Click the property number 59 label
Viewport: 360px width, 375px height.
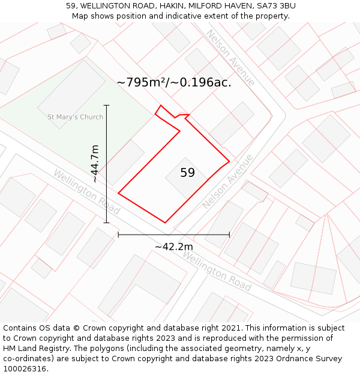(x=187, y=173)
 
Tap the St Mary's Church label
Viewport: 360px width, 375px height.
(x=75, y=117)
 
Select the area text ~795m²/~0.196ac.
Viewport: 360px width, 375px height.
(x=174, y=82)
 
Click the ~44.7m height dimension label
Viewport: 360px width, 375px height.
(x=95, y=164)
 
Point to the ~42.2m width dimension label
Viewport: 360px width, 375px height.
(x=174, y=247)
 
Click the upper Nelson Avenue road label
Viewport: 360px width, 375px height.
(x=231, y=58)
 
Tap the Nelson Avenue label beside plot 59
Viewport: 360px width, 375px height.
(x=228, y=182)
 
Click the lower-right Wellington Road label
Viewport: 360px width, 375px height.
(x=216, y=271)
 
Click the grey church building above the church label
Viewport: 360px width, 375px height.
(x=71, y=93)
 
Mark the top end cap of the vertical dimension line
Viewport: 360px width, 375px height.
(x=107, y=105)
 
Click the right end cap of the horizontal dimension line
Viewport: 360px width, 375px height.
(x=229, y=235)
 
